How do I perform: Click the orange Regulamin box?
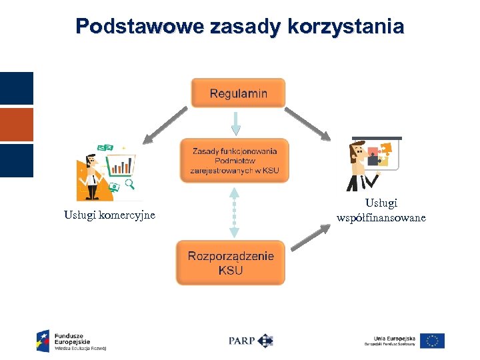point(238,93)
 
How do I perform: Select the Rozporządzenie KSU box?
point(231,263)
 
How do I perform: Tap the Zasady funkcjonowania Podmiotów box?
point(235,161)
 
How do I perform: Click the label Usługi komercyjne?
point(109,215)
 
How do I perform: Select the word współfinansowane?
point(381,218)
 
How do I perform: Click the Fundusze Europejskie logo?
point(71,340)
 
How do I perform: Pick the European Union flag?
point(433,341)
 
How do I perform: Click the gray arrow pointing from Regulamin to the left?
point(165,125)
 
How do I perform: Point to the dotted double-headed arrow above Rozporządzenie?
point(234,213)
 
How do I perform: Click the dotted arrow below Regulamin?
point(234,123)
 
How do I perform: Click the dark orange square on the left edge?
point(16,124)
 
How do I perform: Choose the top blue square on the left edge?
point(16,88)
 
